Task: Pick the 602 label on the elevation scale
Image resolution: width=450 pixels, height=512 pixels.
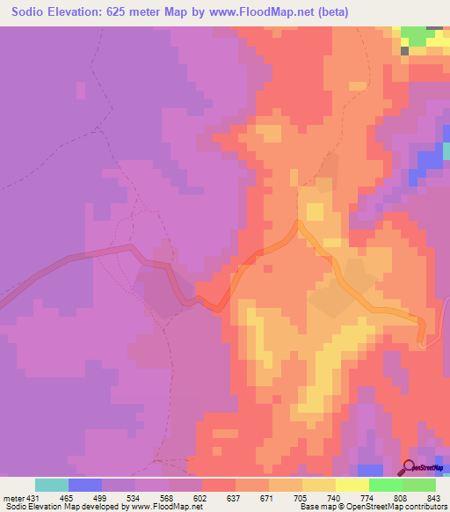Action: click(201, 498)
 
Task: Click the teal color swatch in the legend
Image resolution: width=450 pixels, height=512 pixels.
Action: click(52, 485)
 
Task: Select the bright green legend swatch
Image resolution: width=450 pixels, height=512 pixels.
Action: click(386, 485)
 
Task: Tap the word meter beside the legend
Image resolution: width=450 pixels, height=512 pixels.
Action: click(11, 498)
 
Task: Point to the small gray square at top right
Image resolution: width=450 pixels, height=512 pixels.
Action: click(405, 51)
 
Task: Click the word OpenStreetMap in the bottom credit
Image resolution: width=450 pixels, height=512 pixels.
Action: click(353, 507)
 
